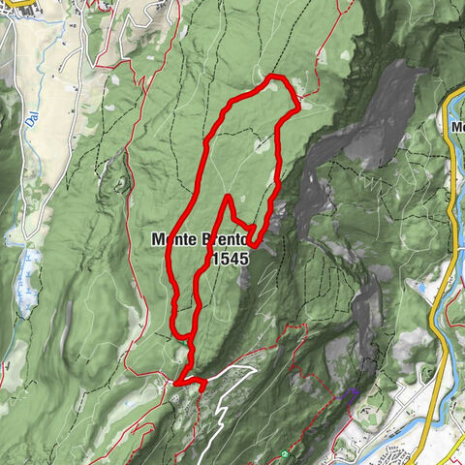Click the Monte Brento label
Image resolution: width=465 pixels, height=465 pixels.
[x=200, y=240]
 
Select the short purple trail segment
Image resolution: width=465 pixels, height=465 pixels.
[x=351, y=393]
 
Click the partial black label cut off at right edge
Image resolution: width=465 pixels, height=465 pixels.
[x=457, y=126]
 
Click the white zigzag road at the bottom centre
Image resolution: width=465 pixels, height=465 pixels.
[x=219, y=417]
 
